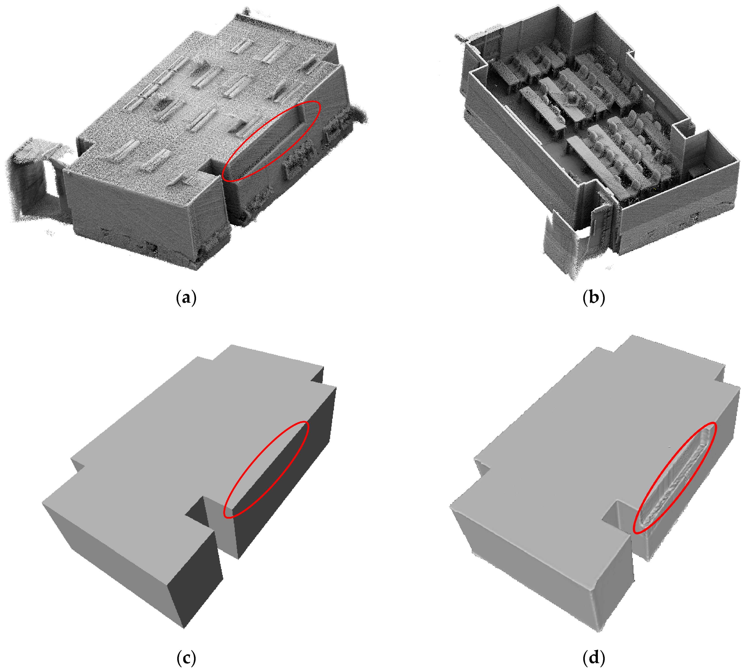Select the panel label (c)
point(186,657)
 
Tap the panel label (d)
point(594,657)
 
